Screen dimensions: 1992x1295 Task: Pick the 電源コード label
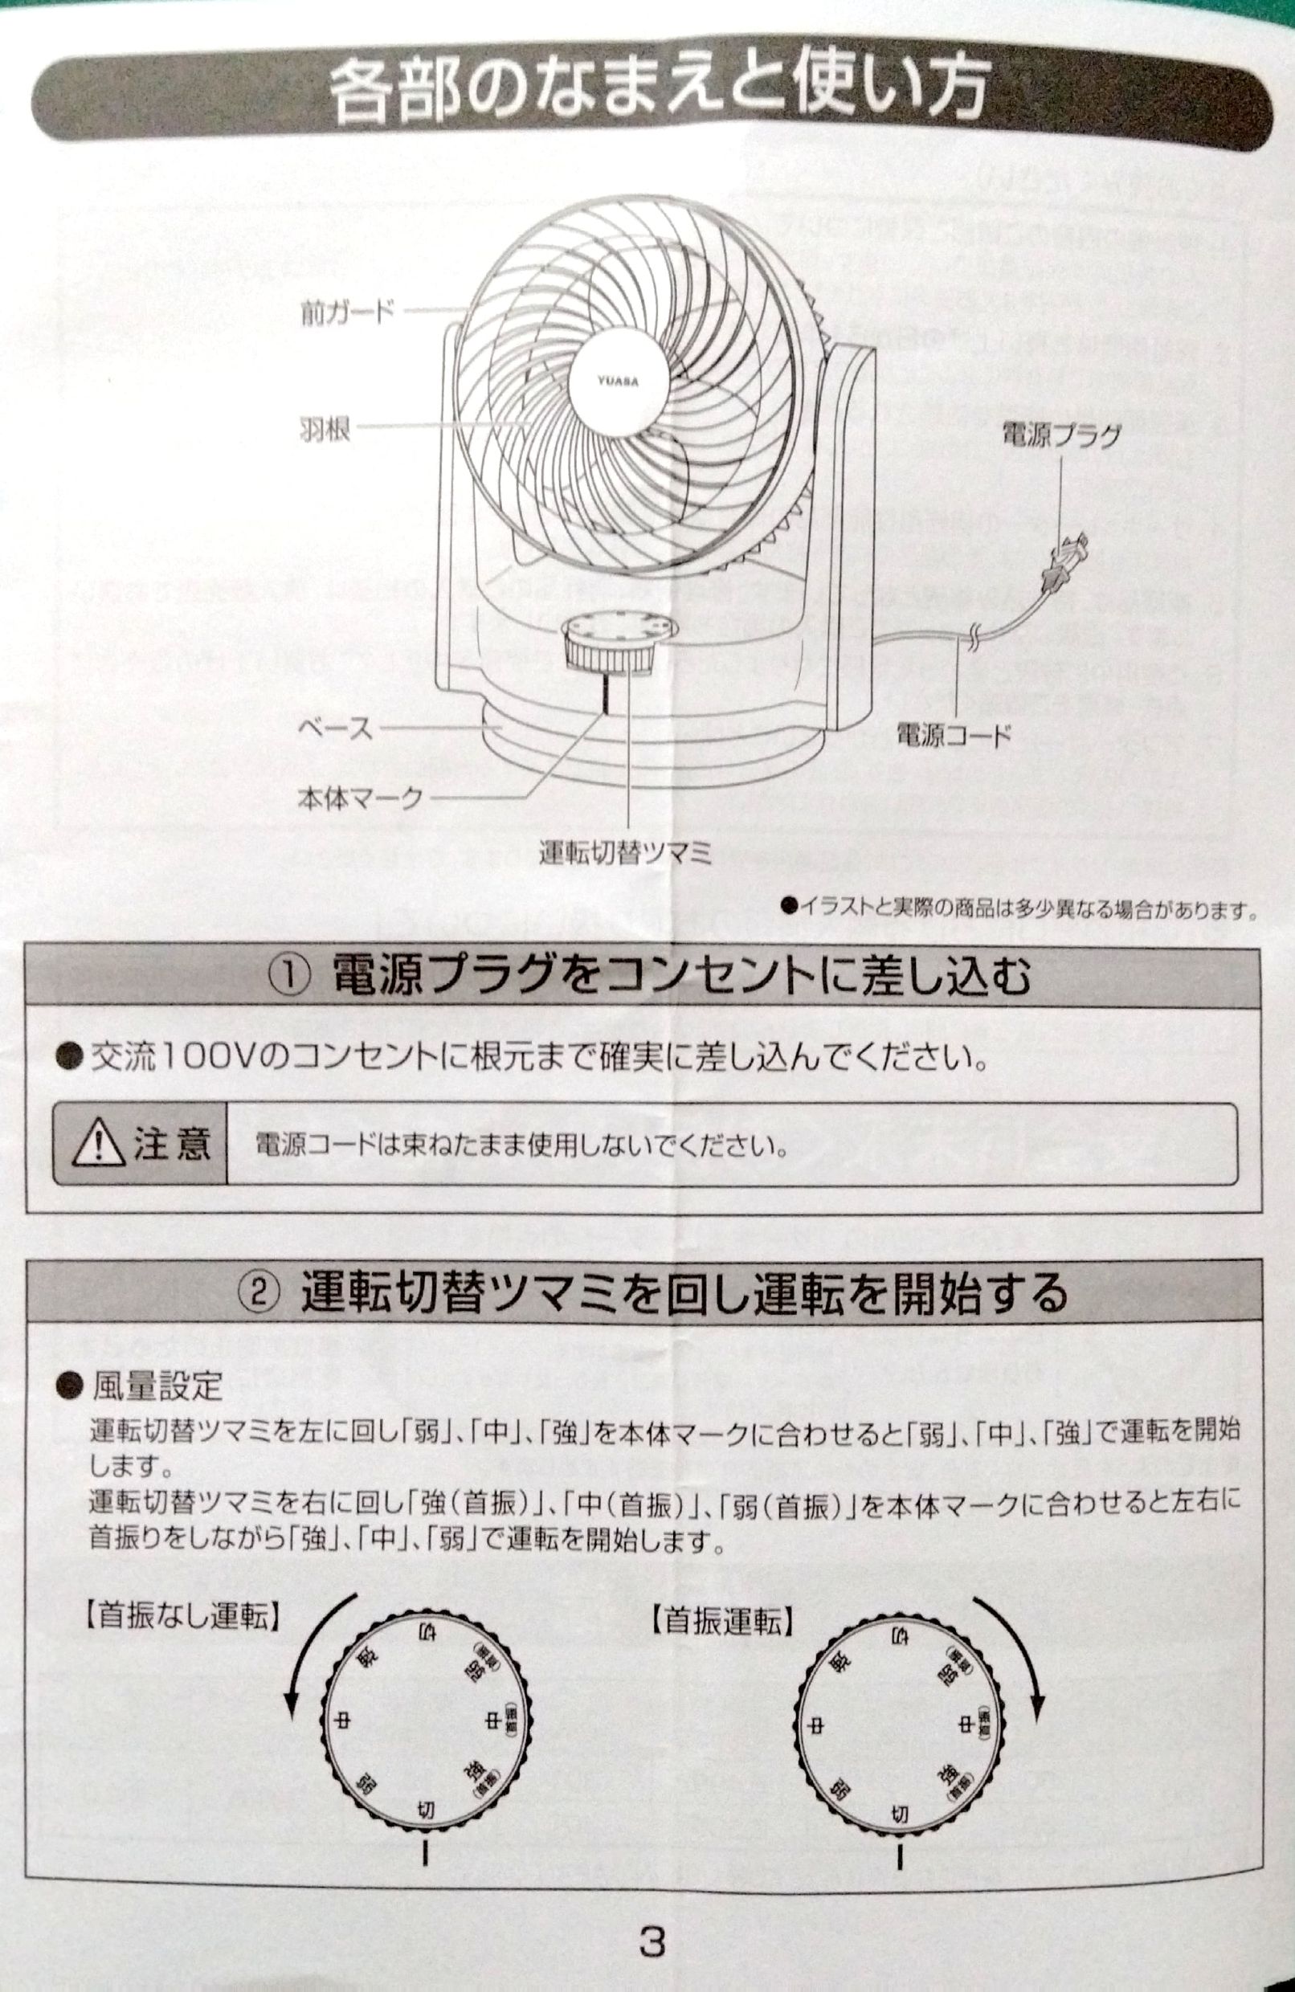tap(954, 735)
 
